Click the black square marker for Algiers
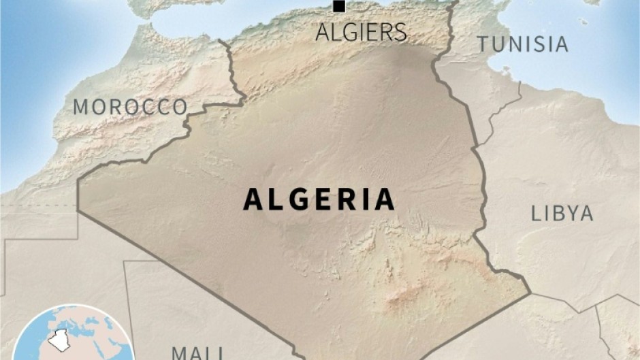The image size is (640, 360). (x=338, y=7)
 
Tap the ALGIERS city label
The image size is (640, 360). (x=361, y=32)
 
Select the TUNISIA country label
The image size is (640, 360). (x=522, y=44)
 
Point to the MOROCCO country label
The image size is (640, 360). (x=130, y=107)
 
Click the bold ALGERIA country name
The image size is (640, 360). (x=319, y=199)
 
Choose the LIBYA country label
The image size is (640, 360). (x=562, y=214)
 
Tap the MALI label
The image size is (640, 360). (x=197, y=353)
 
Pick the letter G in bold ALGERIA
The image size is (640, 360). (x=292, y=199)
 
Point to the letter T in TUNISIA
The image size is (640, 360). (x=482, y=44)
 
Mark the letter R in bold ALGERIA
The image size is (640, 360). (x=345, y=199)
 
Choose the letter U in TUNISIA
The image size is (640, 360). (x=498, y=44)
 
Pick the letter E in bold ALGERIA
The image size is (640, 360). (x=319, y=199)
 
